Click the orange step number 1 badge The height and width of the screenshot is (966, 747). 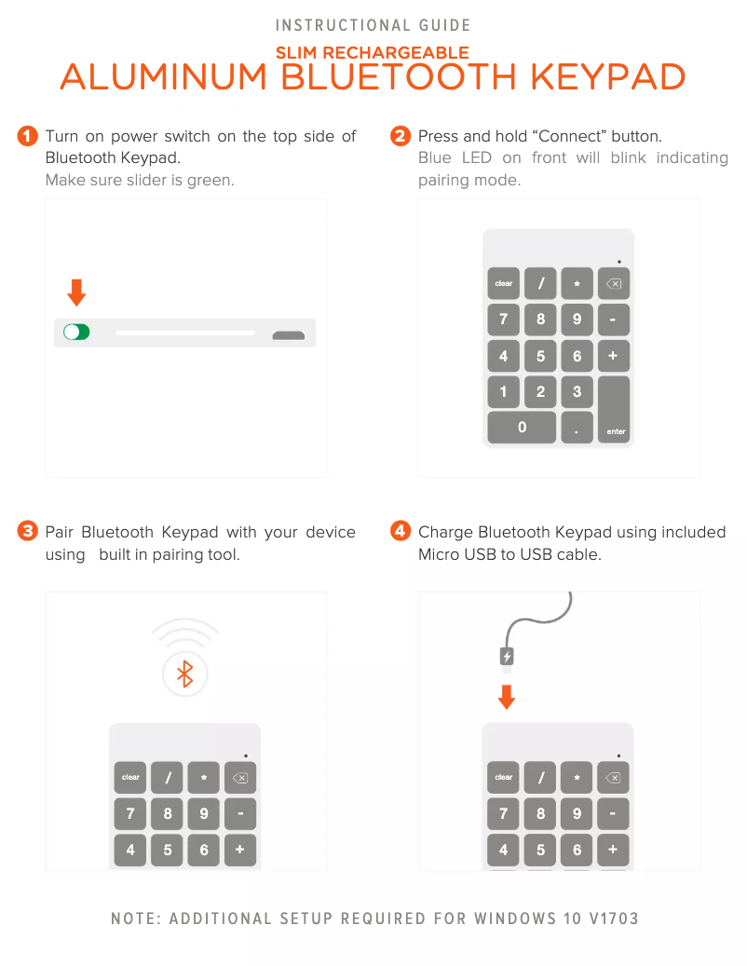point(28,137)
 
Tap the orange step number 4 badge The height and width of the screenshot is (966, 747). point(401,532)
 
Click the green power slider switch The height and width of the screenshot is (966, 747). point(76,332)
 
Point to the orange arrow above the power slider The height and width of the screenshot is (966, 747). point(76,293)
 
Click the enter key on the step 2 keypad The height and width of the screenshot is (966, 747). point(615,410)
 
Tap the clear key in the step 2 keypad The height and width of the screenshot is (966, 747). point(504,283)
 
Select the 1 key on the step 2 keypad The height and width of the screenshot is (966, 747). point(504,391)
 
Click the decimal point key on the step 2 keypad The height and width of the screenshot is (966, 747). point(577,428)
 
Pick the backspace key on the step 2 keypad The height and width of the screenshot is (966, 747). point(614,283)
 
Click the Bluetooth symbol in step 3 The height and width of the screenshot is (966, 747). point(185,673)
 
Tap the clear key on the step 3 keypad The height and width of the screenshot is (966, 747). point(130,777)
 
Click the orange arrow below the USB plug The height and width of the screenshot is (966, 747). point(507,697)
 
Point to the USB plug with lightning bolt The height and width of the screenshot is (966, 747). point(507,658)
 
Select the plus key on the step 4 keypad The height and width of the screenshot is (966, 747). point(613,850)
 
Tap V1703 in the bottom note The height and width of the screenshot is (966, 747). point(614,918)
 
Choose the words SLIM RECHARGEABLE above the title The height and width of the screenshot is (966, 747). point(373,53)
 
